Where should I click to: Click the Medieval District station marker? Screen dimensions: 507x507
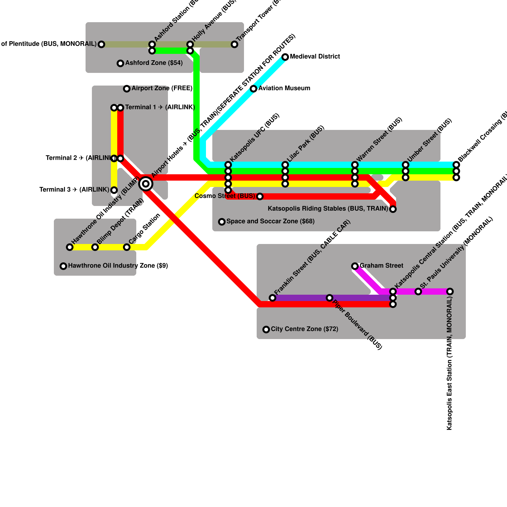[285, 57]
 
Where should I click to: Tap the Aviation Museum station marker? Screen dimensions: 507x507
[253, 89]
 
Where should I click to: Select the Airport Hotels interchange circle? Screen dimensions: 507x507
[146, 184]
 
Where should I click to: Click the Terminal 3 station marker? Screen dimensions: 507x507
[114, 190]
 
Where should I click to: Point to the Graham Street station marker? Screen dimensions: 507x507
[355, 266]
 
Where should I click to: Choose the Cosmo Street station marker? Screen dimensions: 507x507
[260, 196]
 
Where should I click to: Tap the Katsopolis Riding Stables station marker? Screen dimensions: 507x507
[393, 209]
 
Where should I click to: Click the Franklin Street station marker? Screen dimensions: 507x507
[273, 298]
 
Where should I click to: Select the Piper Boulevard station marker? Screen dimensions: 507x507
[330, 298]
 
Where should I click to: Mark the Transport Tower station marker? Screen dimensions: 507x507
[234, 44]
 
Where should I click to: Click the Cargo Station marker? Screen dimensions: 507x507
[127, 247]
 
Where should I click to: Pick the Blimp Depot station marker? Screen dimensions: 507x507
[95, 247]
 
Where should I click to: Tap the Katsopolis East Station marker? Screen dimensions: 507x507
[450, 292]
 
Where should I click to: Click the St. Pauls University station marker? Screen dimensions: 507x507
[418, 292]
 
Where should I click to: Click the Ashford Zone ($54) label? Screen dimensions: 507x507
[154, 63]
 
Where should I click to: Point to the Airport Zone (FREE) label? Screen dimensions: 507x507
[162, 88]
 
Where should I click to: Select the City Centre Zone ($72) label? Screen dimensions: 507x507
[305, 329]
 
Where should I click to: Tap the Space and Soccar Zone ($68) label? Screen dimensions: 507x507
[271, 221]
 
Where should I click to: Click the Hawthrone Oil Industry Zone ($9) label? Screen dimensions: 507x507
[118, 266]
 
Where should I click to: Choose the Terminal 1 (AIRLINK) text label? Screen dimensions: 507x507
[160, 107]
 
